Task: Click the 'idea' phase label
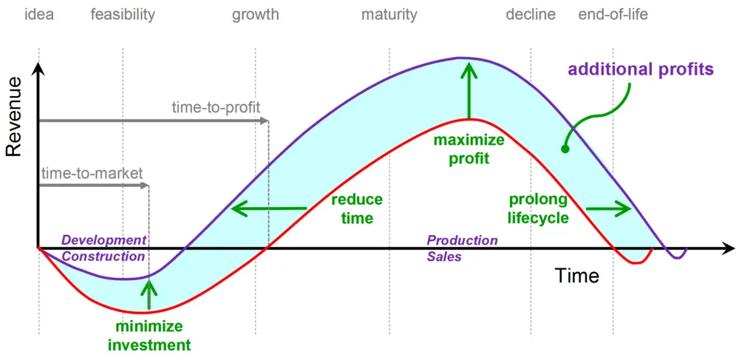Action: (x=38, y=15)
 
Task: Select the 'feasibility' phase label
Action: (x=123, y=15)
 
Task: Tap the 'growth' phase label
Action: (x=256, y=16)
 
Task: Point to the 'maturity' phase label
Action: (x=389, y=16)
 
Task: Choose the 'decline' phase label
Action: (x=531, y=15)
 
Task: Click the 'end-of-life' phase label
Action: (x=613, y=15)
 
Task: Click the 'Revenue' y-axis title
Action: (x=14, y=116)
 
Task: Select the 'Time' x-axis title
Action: (x=577, y=275)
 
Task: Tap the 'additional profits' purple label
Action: (x=641, y=69)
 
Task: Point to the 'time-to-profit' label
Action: (x=216, y=107)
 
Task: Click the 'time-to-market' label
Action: (x=92, y=173)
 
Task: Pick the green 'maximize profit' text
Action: (x=462, y=149)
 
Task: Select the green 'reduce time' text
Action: (x=357, y=208)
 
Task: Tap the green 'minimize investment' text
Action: (x=149, y=336)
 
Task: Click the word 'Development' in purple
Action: (x=104, y=240)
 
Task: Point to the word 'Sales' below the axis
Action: (x=444, y=258)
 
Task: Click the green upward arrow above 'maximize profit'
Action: (x=469, y=90)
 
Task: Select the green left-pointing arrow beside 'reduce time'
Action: (x=269, y=208)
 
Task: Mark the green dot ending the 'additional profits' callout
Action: (x=565, y=149)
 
